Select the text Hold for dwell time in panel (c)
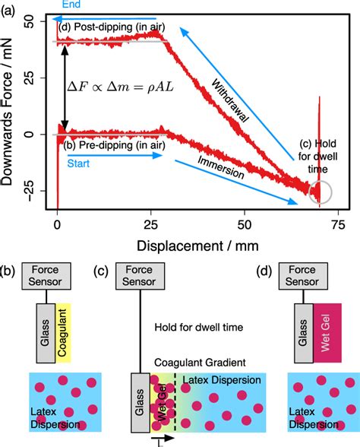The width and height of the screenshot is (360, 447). [198, 327]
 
